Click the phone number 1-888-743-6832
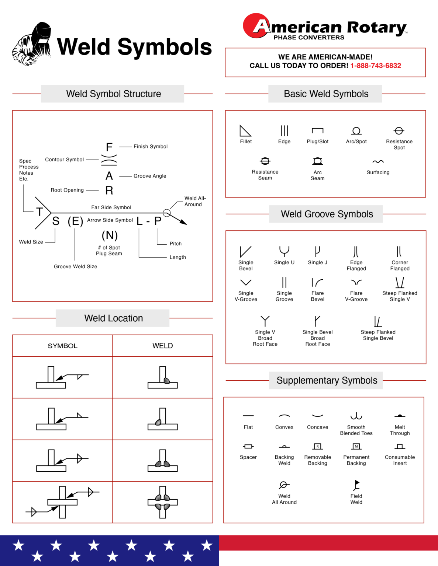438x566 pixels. pyautogui.click(x=375, y=66)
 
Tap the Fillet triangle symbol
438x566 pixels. pyautogui.click(x=245, y=131)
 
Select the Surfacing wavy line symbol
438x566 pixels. pyautogui.click(x=378, y=162)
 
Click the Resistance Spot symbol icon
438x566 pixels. pyautogui.click(x=399, y=131)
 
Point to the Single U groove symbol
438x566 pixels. pyautogui.click(x=284, y=251)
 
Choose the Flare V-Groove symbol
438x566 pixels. pyautogui.click(x=356, y=282)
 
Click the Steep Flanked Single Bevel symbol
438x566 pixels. pyautogui.click(x=378, y=321)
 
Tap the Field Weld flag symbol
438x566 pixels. pyautogui.click(x=356, y=485)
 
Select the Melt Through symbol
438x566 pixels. pyautogui.click(x=400, y=416)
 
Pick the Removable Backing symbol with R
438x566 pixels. pyautogui.click(x=317, y=446)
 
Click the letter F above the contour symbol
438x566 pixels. pyautogui.click(x=109, y=147)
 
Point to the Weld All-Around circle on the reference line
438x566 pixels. pyautogui.click(x=167, y=213)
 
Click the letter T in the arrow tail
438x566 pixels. pyautogui.click(x=39, y=212)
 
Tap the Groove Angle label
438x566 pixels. pyautogui.click(x=150, y=176)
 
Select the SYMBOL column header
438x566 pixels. pyautogui.click(x=62, y=346)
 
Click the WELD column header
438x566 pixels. pyautogui.click(x=162, y=346)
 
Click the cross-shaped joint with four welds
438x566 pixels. pyautogui.click(x=163, y=502)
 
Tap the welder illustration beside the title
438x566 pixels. pyautogui.click(x=32, y=44)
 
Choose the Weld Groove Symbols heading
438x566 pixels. pyautogui.click(x=327, y=214)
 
